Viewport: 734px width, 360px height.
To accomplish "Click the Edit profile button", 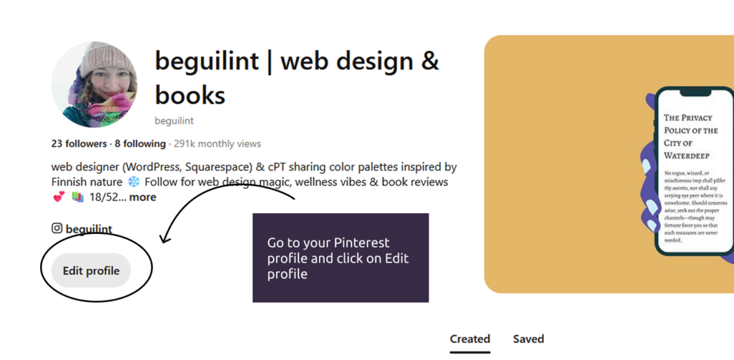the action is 91,270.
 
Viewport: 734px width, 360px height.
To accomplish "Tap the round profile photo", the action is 94,85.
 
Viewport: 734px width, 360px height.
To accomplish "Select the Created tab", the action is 470,339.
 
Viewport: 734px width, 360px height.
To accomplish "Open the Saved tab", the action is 528,339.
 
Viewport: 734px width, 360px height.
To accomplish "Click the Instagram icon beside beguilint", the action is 57,228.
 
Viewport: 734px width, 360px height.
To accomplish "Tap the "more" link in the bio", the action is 143,197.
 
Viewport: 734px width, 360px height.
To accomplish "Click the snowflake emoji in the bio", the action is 134,181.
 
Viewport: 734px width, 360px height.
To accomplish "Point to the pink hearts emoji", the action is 59,197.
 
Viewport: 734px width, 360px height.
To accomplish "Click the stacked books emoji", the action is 77,197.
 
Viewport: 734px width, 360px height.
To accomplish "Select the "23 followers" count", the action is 79,143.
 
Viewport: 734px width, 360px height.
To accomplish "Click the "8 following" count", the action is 140,143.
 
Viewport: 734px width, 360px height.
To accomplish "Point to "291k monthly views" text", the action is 218,143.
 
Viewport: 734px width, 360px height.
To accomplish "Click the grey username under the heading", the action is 174,120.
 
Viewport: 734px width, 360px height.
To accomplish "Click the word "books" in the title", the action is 190,95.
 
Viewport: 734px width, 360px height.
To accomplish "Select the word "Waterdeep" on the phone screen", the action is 687,156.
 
